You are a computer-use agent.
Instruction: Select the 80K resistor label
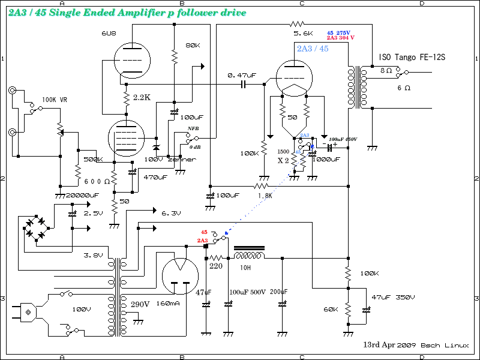(193, 46)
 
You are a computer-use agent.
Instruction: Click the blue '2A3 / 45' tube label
(312, 48)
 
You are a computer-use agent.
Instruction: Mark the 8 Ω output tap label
(386, 70)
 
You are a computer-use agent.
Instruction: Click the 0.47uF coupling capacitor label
(242, 76)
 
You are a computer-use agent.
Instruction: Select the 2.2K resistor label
(142, 97)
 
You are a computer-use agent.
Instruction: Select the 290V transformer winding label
(140, 304)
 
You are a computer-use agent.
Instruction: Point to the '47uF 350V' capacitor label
(393, 298)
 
